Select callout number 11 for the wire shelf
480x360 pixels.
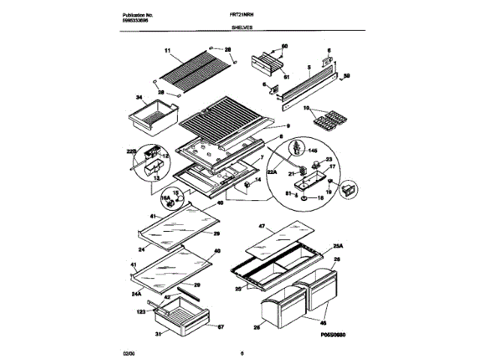click(167, 51)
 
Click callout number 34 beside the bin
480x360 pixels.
click(139, 97)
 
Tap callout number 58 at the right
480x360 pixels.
click(346, 76)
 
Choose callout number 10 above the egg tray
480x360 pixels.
click(306, 107)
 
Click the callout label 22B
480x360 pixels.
click(133, 151)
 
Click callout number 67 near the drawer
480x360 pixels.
click(220, 327)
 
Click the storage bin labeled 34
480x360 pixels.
click(154, 116)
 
